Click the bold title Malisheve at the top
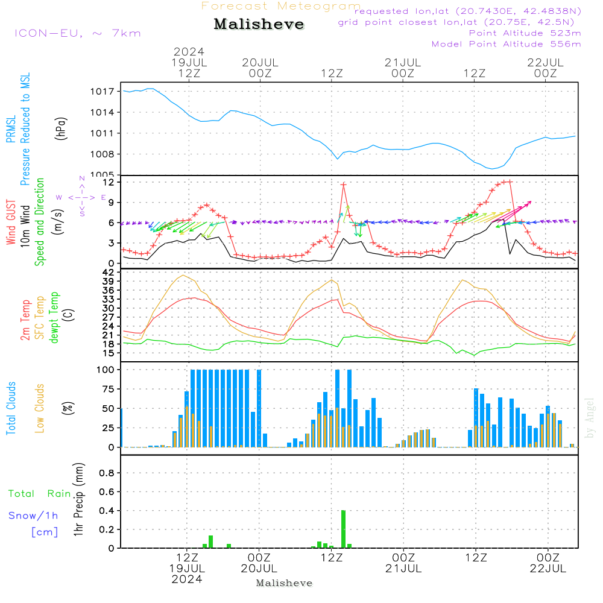pyautogui.click(x=259, y=25)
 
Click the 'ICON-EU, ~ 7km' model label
pyautogui.click(x=77, y=33)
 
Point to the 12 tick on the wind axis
pyautogui.click(x=110, y=182)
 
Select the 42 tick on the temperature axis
pyautogui.click(x=110, y=273)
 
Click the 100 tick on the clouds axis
pyautogui.click(x=106, y=369)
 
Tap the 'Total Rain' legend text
pyautogui.click(x=39, y=494)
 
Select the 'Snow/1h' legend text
pyautogui.click(x=33, y=516)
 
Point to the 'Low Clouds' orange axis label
pyautogui.click(x=40, y=408)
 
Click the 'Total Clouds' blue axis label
pyautogui.click(x=11, y=408)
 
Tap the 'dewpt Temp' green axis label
pyautogui.click(x=54, y=318)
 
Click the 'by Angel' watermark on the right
pyautogui.click(x=590, y=418)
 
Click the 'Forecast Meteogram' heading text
pyautogui.click(x=280, y=6)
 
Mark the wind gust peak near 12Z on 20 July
pyautogui.click(x=344, y=185)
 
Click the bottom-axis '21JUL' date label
pyautogui.click(x=403, y=569)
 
